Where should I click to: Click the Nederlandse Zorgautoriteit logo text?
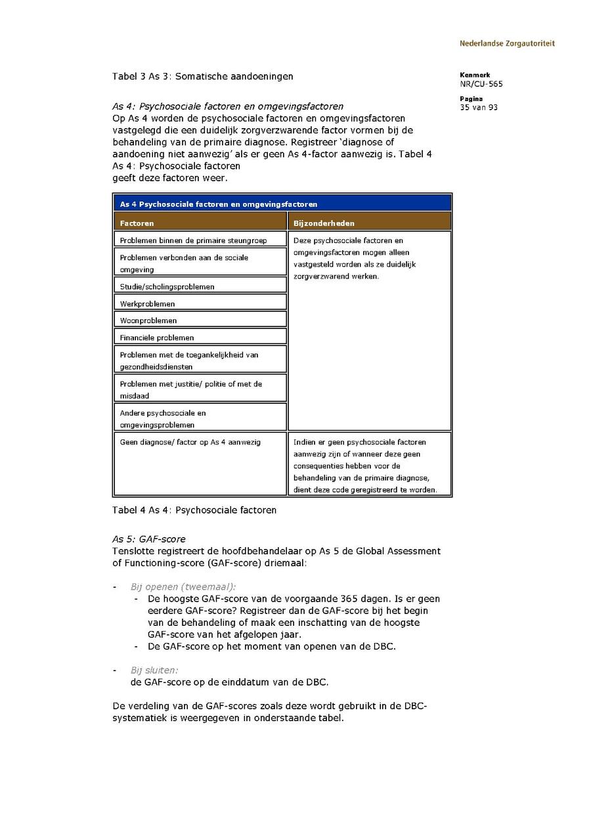(x=507, y=43)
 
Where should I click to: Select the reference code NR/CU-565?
(x=481, y=84)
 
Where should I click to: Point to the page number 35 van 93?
(x=479, y=108)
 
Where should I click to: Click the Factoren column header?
(x=200, y=223)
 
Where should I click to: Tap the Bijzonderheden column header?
(x=369, y=223)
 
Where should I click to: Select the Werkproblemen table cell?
(x=200, y=304)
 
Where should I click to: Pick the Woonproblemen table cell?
(x=200, y=320)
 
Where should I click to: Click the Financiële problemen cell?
(x=200, y=338)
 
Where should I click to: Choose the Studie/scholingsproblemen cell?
(x=200, y=286)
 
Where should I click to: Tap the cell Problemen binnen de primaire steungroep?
(x=200, y=240)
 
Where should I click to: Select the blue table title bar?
(x=282, y=204)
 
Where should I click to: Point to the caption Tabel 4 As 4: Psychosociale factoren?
(x=194, y=510)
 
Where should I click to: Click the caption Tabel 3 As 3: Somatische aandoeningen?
(x=202, y=76)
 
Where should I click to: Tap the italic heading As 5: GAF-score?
(x=149, y=539)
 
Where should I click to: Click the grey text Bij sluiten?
(x=154, y=671)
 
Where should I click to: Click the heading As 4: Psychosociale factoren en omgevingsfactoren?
(x=228, y=106)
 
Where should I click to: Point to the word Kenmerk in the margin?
(x=475, y=75)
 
